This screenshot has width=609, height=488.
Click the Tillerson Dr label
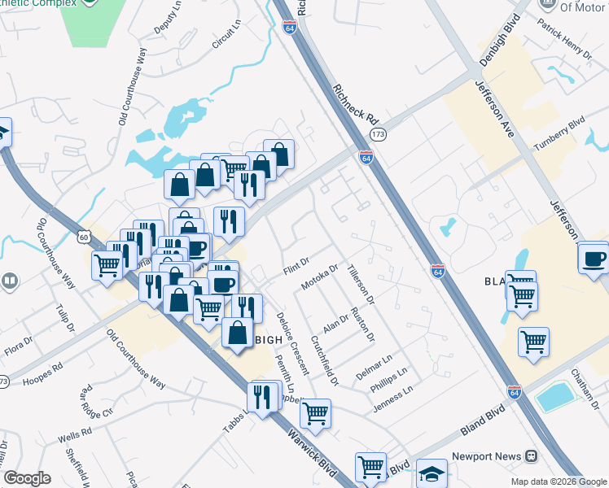[x=359, y=285]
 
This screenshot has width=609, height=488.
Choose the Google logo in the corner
[x=27, y=478]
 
